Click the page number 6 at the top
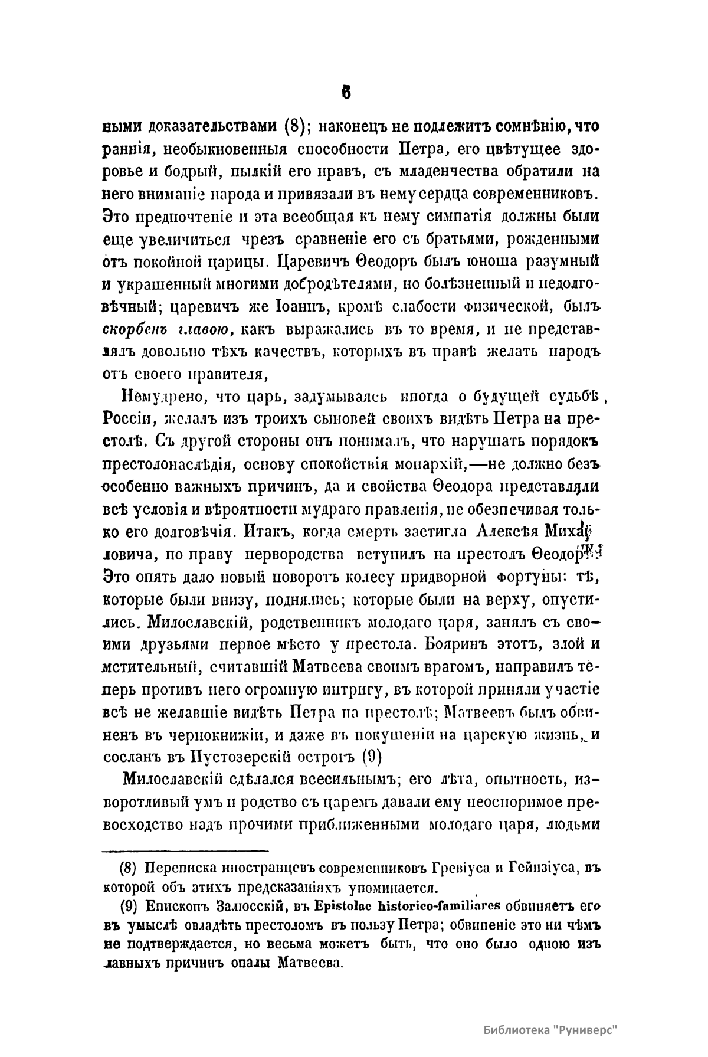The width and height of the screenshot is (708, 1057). [x=346, y=93]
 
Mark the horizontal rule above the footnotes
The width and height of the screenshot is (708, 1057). [x=186, y=851]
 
